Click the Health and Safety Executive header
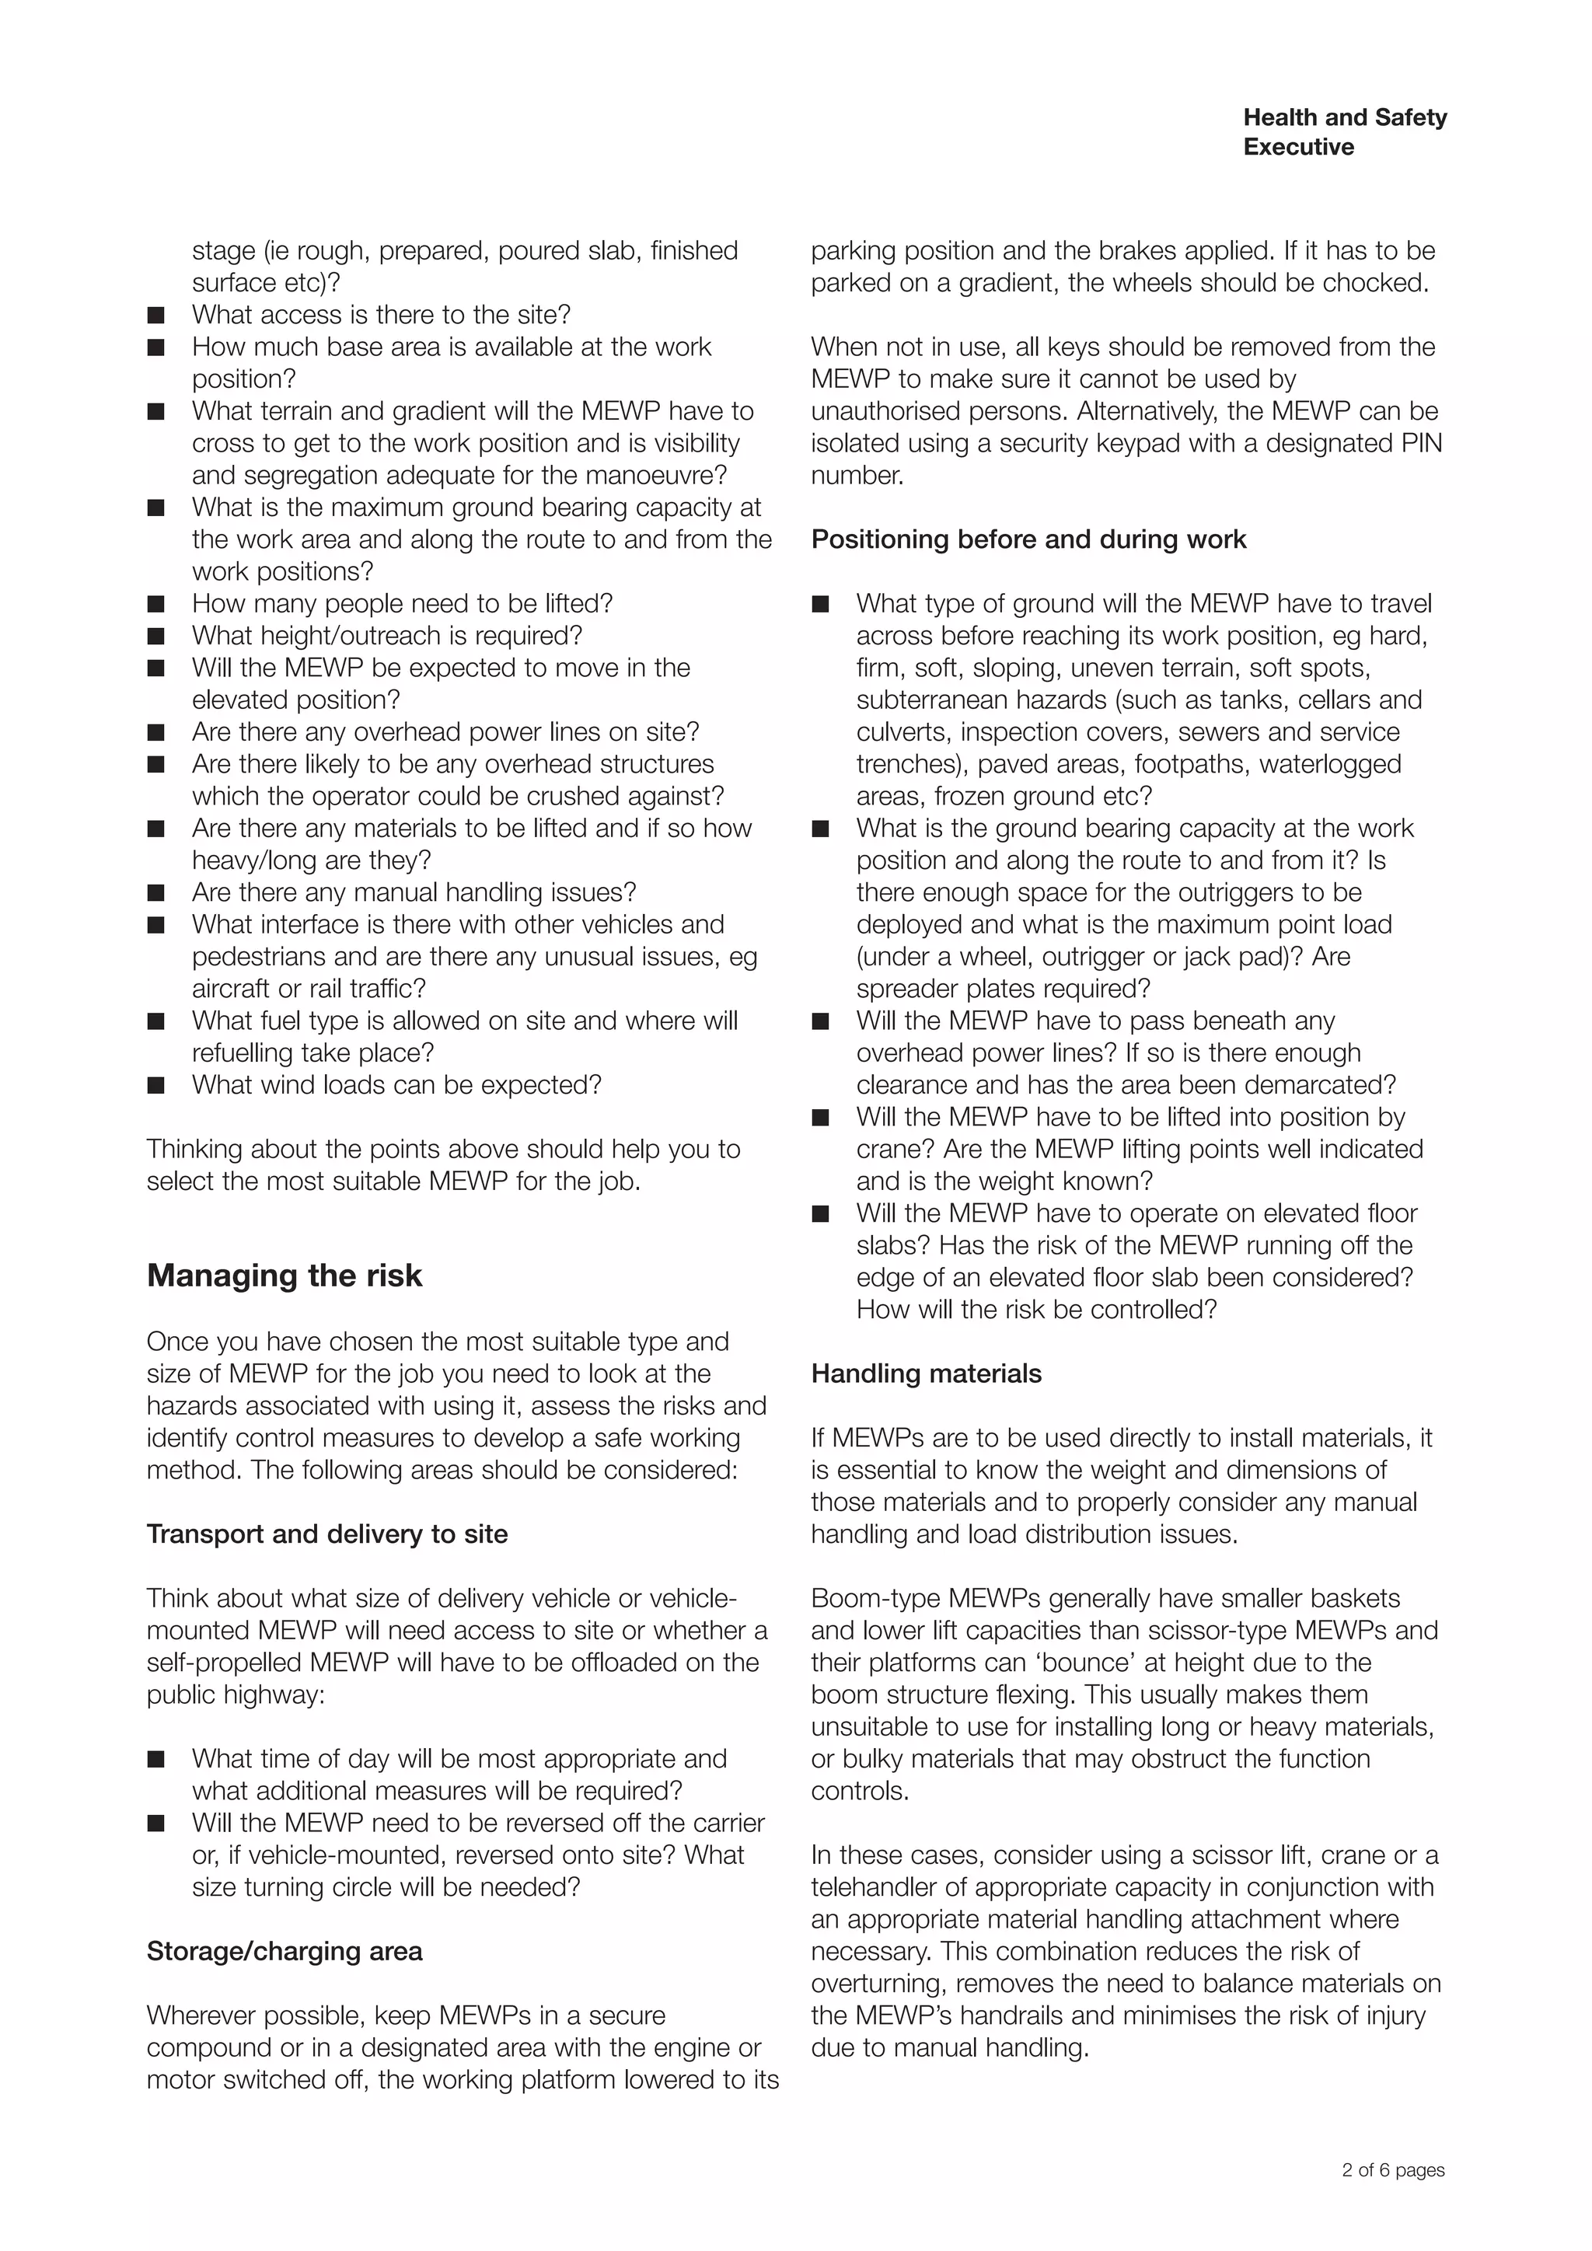(x=1344, y=131)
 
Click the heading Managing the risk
(x=285, y=1276)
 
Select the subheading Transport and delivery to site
(x=327, y=1534)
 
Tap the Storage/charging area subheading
(x=285, y=1951)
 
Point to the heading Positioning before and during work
(x=1028, y=539)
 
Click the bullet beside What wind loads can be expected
(x=156, y=1085)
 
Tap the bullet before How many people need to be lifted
(x=156, y=604)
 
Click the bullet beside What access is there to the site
(x=156, y=315)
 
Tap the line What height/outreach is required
(x=386, y=637)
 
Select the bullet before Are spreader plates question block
(x=821, y=829)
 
